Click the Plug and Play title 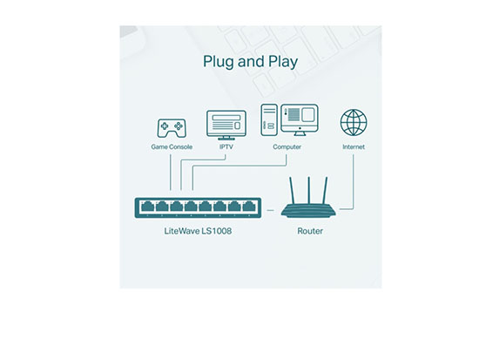250,62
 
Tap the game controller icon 172,128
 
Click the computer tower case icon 269,120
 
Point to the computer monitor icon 300,120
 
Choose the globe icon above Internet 354,122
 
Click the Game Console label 172,146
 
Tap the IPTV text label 226,146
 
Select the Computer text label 287,146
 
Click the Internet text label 354,146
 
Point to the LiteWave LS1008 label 198,231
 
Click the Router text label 310,231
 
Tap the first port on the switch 147,207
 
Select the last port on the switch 249,207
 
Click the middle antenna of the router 309,190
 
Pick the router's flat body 308,211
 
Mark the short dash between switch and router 270,210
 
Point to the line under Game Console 171,173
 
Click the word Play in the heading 283,62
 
